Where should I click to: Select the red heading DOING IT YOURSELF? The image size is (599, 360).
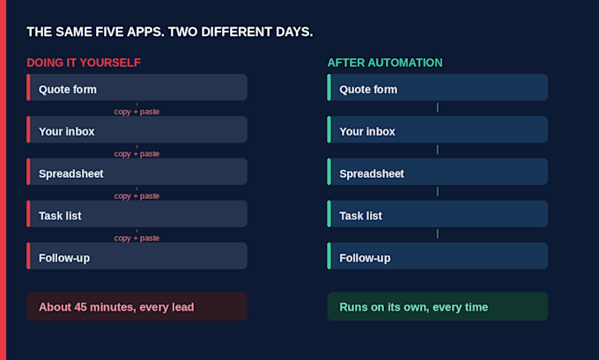click(x=84, y=62)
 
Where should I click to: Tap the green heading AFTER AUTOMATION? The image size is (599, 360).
click(x=385, y=62)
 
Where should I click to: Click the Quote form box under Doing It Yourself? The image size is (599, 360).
click(x=137, y=87)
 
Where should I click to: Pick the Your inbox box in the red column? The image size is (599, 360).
click(x=137, y=129)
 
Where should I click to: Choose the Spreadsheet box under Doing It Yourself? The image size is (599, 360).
click(x=137, y=172)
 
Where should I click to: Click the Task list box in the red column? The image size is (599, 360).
click(x=137, y=214)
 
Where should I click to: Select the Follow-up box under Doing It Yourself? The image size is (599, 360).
click(x=137, y=256)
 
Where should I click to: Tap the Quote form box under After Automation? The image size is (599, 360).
click(x=438, y=87)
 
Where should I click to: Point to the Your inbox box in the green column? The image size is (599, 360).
click(x=438, y=129)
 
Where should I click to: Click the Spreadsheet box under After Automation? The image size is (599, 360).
click(x=438, y=172)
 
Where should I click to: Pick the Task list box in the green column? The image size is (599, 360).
click(x=438, y=214)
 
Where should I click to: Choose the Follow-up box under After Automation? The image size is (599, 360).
click(x=438, y=256)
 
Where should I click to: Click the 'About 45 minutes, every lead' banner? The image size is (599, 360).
click(x=137, y=306)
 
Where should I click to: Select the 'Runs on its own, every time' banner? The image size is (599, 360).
click(x=438, y=306)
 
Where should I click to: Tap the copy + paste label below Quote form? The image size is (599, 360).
click(x=137, y=112)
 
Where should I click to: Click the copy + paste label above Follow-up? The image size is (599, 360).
click(x=137, y=239)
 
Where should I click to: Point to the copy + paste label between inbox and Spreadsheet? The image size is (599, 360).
click(x=137, y=154)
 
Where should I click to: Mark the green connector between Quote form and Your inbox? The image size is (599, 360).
click(x=438, y=107)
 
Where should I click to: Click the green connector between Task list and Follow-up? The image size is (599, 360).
click(x=438, y=233)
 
